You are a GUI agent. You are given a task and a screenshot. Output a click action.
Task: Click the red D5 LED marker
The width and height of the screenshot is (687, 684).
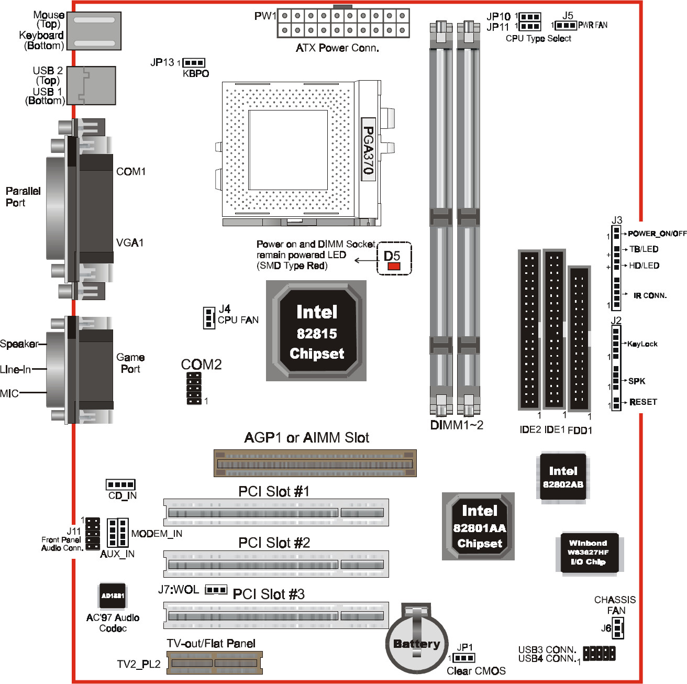(394, 266)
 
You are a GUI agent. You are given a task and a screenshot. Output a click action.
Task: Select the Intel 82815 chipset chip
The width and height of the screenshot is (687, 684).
(316, 330)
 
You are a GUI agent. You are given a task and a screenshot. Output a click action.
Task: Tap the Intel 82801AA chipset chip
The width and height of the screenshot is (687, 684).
(478, 526)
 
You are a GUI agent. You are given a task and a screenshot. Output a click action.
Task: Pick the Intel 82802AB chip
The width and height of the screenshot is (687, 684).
(563, 477)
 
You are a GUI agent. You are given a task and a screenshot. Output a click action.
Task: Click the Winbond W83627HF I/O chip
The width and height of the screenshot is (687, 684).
(590, 553)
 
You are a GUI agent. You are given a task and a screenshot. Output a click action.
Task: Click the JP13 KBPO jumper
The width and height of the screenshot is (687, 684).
(194, 63)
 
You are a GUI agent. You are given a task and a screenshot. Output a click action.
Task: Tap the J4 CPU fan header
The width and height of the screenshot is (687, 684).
(209, 318)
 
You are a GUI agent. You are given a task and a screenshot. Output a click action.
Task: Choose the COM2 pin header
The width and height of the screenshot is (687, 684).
(194, 389)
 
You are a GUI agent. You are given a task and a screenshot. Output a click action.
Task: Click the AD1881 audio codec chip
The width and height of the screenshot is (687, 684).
(112, 595)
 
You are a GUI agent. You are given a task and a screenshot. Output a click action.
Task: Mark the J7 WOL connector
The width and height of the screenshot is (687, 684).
(216, 590)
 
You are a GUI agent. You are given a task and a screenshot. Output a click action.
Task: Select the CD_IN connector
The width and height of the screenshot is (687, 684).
(120, 484)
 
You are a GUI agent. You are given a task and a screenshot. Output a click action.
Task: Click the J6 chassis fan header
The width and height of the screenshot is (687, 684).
(618, 628)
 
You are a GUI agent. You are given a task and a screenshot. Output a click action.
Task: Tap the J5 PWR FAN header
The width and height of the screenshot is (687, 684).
(566, 25)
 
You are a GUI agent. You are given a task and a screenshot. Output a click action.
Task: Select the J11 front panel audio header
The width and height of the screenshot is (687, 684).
(93, 534)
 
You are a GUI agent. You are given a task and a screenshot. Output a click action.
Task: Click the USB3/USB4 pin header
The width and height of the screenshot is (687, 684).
(600, 653)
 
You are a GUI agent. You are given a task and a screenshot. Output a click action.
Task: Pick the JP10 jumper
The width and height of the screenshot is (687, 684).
(530, 17)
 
